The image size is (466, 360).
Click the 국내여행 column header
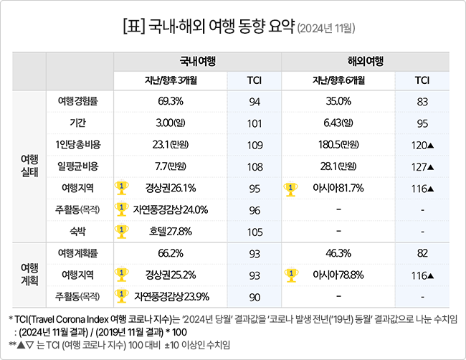(198, 61)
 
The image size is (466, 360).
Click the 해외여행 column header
(366, 61)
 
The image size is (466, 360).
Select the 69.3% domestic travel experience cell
(170, 101)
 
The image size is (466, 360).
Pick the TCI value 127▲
(423, 167)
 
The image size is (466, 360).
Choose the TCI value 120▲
(423, 145)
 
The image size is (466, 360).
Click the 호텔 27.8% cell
(171, 232)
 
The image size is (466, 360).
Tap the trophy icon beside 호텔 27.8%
(122, 231)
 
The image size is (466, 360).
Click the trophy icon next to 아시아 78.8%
(291, 274)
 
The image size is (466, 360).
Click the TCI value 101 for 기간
(255, 123)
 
